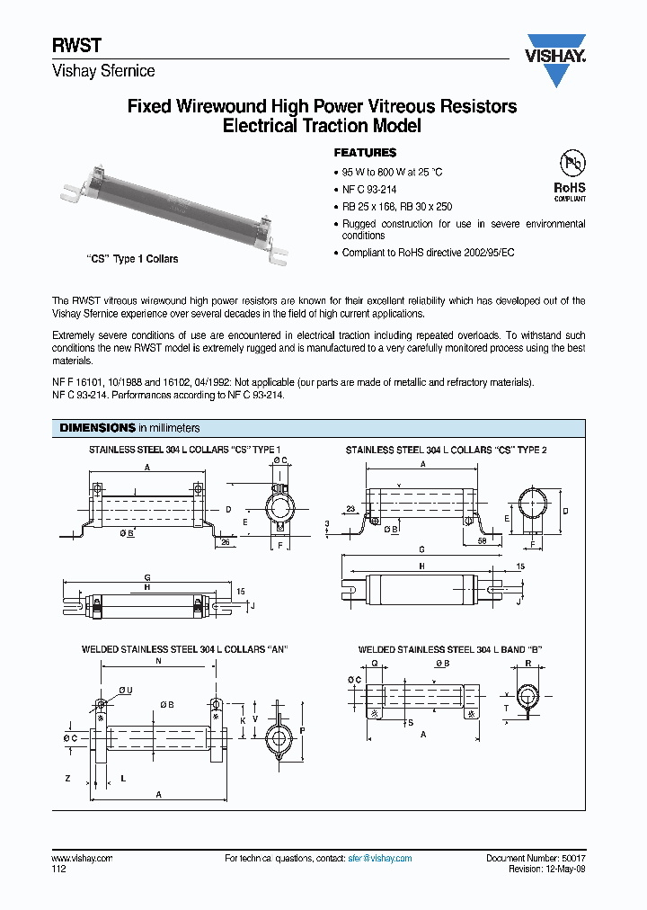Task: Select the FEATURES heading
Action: click(x=365, y=153)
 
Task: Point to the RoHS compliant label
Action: click(x=569, y=192)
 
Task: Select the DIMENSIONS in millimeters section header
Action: click(x=129, y=428)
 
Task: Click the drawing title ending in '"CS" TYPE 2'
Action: click(x=446, y=450)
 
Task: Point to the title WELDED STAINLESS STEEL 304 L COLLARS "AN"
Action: click(x=184, y=649)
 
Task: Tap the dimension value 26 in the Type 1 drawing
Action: click(x=225, y=542)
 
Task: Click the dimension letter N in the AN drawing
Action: click(x=158, y=661)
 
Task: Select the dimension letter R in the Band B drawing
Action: click(x=527, y=662)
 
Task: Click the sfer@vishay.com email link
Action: click(x=379, y=859)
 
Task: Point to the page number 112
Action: click(x=58, y=869)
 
